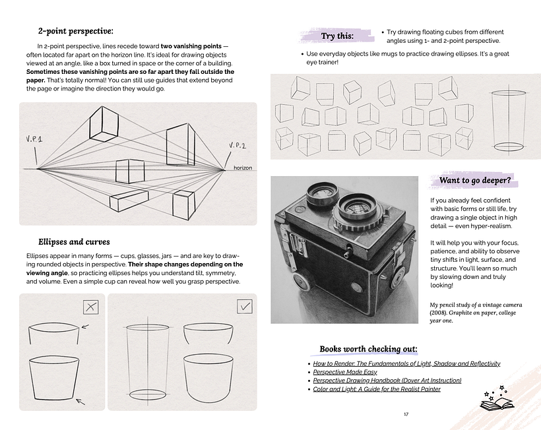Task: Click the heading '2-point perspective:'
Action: (75, 30)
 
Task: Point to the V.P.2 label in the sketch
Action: (238, 145)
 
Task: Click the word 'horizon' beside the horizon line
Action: (243, 168)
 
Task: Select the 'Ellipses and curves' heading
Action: (74, 242)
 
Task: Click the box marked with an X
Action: (90, 307)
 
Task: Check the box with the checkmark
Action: (244, 307)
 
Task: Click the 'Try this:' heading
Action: (336, 36)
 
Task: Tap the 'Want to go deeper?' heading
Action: (474, 180)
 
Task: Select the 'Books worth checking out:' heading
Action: (368, 349)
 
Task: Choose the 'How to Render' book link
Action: (406, 363)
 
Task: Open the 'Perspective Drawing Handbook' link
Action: (387, 381)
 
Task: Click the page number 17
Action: (405, 414)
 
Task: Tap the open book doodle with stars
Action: (497, 397)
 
